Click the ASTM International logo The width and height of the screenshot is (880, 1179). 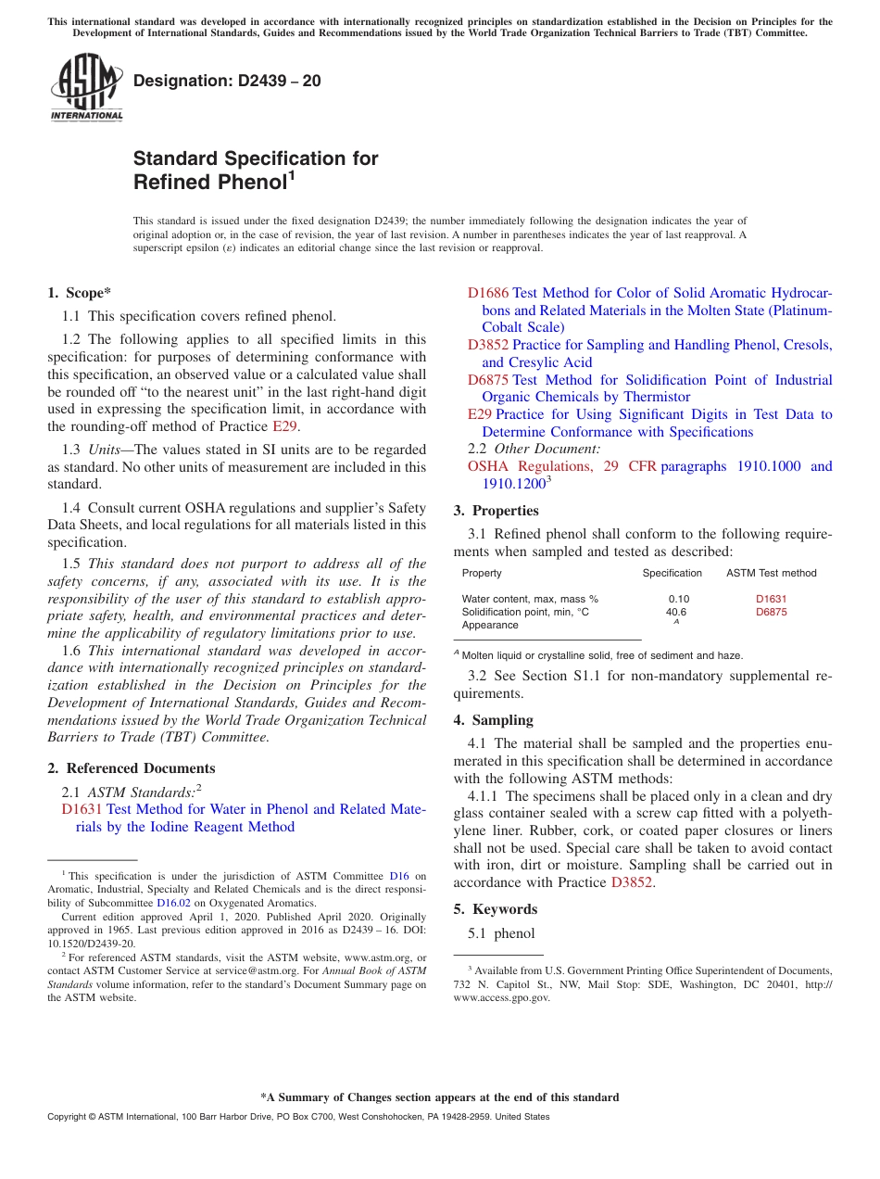click(x=86, y=87)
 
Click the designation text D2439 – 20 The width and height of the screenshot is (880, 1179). click(x=227, y=81)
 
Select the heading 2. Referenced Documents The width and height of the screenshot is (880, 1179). click(x=132, y=768)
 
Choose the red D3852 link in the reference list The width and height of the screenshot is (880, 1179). click(x=487, y=345)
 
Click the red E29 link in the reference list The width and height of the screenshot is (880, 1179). click(x=479, y=414)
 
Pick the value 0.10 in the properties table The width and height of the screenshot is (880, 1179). click(x=678, y=599)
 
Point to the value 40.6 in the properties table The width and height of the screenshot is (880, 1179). click(x=676, y=612)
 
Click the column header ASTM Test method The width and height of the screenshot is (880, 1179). click(x=771, y=573)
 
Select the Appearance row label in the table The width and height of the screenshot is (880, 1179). click(x=490, y=625)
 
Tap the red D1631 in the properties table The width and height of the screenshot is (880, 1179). click(x=771, y=599)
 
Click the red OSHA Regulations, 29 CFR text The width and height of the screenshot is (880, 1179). click(x=561, y=466)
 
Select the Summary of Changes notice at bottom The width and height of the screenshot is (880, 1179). click(x=439, y=1097)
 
